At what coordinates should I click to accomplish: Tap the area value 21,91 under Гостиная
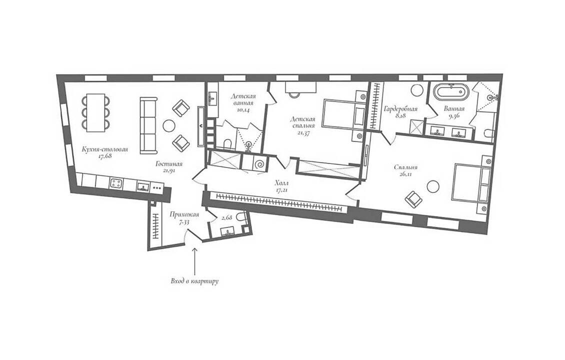(168, 171)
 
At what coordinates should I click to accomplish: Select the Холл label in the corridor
(281, 183)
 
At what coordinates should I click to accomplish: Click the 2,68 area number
(226, 218)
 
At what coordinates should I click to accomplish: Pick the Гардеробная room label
(400, 109)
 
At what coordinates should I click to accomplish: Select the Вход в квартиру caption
(194, 281)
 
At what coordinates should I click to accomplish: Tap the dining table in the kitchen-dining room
(95, 112)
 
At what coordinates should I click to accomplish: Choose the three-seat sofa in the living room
(148, 125)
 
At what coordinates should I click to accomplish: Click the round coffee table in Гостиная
(169, 125)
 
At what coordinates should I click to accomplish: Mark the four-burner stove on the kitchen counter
(116, 184)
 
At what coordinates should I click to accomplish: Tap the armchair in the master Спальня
(413, 198)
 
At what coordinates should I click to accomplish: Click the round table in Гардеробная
(418, 89)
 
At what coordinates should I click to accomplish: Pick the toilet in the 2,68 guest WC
(242, 217)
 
